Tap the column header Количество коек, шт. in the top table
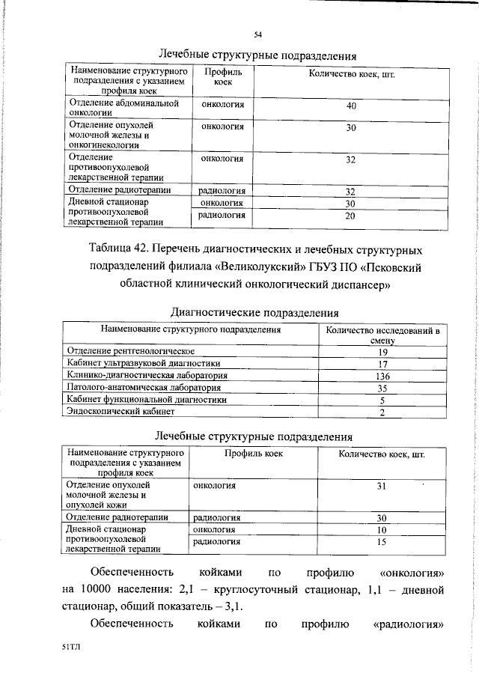(352, 76)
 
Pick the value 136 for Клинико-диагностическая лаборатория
(382, 375)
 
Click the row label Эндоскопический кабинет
(120, 411)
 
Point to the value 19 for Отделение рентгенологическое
(382, 351)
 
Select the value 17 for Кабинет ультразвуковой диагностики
(382, 363)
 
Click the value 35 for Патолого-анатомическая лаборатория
(382, 388)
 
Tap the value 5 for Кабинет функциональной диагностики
(382, 400)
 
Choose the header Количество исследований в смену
(382, 334)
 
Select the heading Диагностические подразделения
(254, 311)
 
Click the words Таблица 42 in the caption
(120, 249)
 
